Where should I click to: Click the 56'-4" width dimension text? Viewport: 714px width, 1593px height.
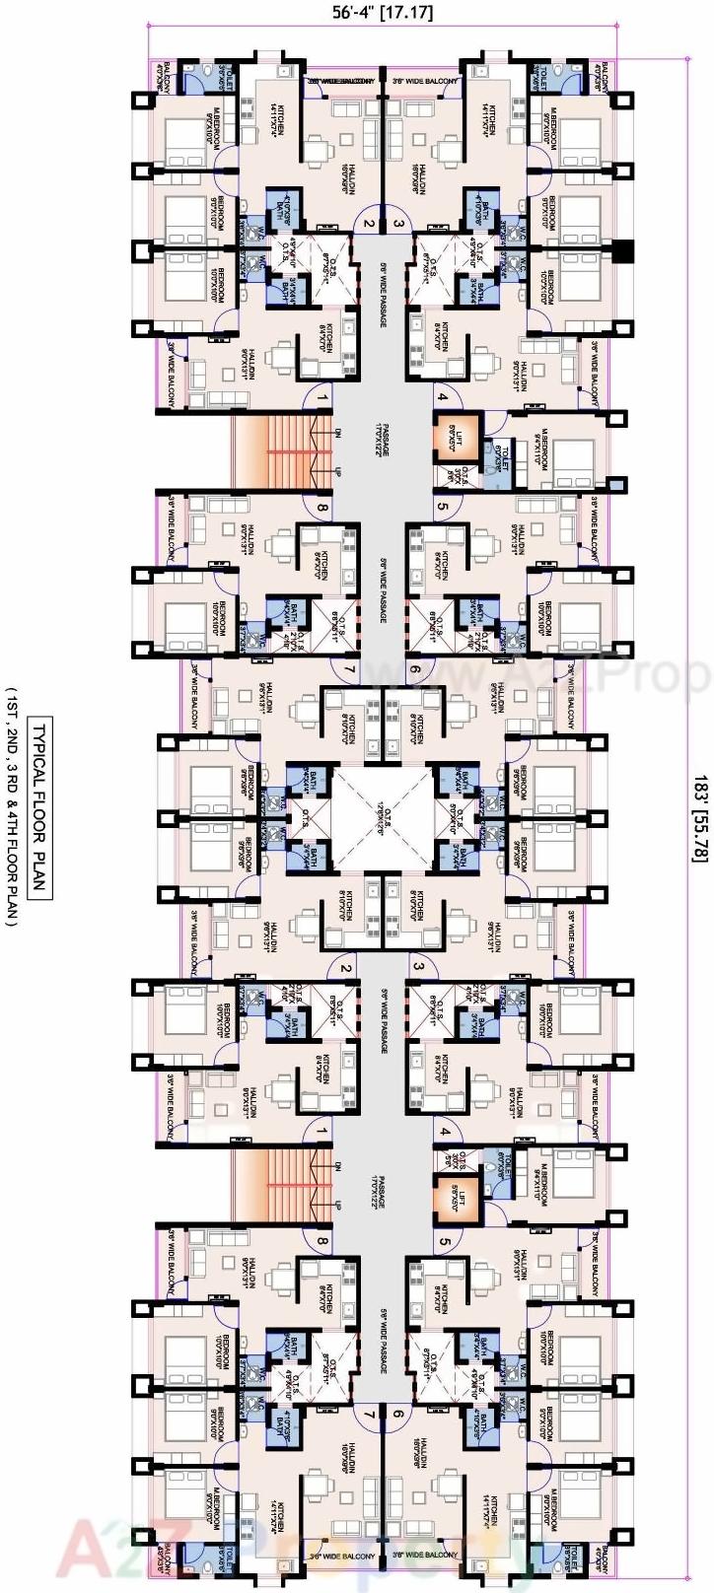click(361, 12)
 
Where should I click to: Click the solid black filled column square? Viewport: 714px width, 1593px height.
click(621, 251)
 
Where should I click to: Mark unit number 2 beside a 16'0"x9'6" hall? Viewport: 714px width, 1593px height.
click(368, 224)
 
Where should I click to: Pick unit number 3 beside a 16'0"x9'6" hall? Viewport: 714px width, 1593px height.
click(397, 224)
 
